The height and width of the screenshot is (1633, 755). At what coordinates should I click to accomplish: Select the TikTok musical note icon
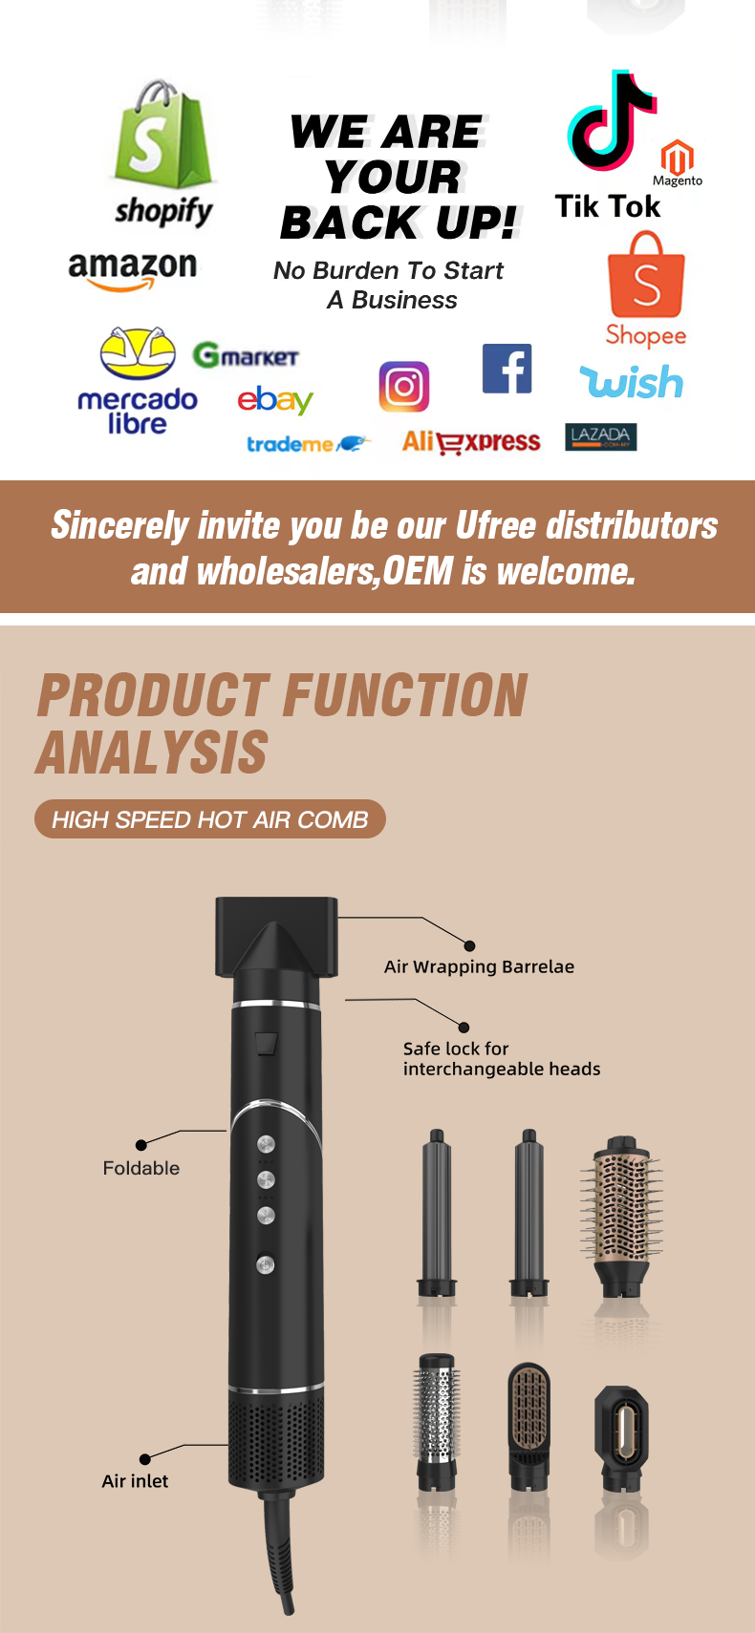coord(612,121)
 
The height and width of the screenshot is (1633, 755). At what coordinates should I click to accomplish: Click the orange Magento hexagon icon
coord(677,157)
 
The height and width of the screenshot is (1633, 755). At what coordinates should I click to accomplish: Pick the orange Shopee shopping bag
coord(646,274)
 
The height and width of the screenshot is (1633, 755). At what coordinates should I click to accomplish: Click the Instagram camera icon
coord(403,387)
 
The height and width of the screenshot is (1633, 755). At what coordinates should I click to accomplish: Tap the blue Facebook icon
coord(507,369)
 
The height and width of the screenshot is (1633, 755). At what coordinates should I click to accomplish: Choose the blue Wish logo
coord(632,382)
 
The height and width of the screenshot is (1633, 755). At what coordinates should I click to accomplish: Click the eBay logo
coord(275,400)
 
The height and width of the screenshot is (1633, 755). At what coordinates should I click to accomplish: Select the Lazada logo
coord(600,436)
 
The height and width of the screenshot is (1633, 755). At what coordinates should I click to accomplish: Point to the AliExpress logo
coord(471,442)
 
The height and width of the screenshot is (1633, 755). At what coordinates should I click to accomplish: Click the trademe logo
coord(309,444)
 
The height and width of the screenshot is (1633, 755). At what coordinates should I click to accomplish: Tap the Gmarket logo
coord(246,356)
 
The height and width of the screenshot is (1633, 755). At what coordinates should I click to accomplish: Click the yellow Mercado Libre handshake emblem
coord(138,352)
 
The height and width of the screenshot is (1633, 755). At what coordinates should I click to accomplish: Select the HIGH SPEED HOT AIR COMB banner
coord(210,819)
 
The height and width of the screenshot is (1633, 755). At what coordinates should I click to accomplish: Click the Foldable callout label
coord(140,1168)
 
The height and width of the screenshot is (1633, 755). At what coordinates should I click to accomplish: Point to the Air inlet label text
coord(135,1480)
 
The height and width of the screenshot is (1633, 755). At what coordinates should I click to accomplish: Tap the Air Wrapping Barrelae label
coord(479,966)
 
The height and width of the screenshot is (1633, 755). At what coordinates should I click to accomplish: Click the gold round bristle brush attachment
coord(622,1216)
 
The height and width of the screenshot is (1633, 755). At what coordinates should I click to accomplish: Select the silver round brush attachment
coord(437,1422)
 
